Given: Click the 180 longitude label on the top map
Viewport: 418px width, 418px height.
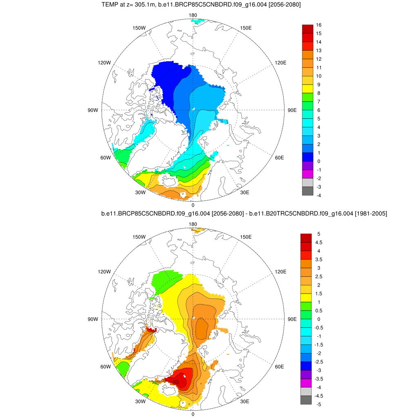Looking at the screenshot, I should click(193, 15).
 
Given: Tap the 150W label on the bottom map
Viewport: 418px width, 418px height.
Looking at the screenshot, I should click(140, 237).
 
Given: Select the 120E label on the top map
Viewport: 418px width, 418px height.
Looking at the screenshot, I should click(281, 62).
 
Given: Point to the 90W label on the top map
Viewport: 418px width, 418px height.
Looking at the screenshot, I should click(93, 110).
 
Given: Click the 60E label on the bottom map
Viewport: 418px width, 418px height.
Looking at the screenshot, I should click(280, 367).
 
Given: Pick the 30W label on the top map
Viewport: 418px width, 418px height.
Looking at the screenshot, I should click(140, 193).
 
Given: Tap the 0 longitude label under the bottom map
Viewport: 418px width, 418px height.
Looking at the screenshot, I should click(193, 414).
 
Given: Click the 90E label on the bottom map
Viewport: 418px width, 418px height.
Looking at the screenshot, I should click(292, 319).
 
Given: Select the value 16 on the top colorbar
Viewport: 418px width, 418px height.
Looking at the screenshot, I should click(319, 25).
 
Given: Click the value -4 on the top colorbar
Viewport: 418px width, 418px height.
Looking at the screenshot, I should click(319, 195).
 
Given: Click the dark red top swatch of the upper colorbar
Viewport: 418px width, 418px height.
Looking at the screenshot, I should click(307, 29).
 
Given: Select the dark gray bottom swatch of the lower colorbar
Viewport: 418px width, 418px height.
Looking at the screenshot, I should click(306, 400).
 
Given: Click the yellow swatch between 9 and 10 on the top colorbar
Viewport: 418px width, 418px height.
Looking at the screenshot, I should click(307, 89).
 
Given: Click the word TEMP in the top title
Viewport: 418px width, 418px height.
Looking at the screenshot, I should click(109, 4).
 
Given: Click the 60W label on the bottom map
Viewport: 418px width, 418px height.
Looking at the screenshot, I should click(106, 367).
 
